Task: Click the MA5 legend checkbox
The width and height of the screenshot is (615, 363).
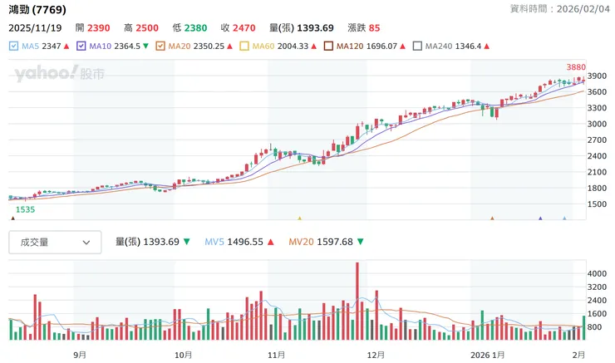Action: point(13,46)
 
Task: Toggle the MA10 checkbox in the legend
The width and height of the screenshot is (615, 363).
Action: point(81,46)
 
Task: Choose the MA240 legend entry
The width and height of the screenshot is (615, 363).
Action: point(418,46)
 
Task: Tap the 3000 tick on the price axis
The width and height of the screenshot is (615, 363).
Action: point(598,124)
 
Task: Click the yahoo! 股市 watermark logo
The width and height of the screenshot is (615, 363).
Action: point(58,75)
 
